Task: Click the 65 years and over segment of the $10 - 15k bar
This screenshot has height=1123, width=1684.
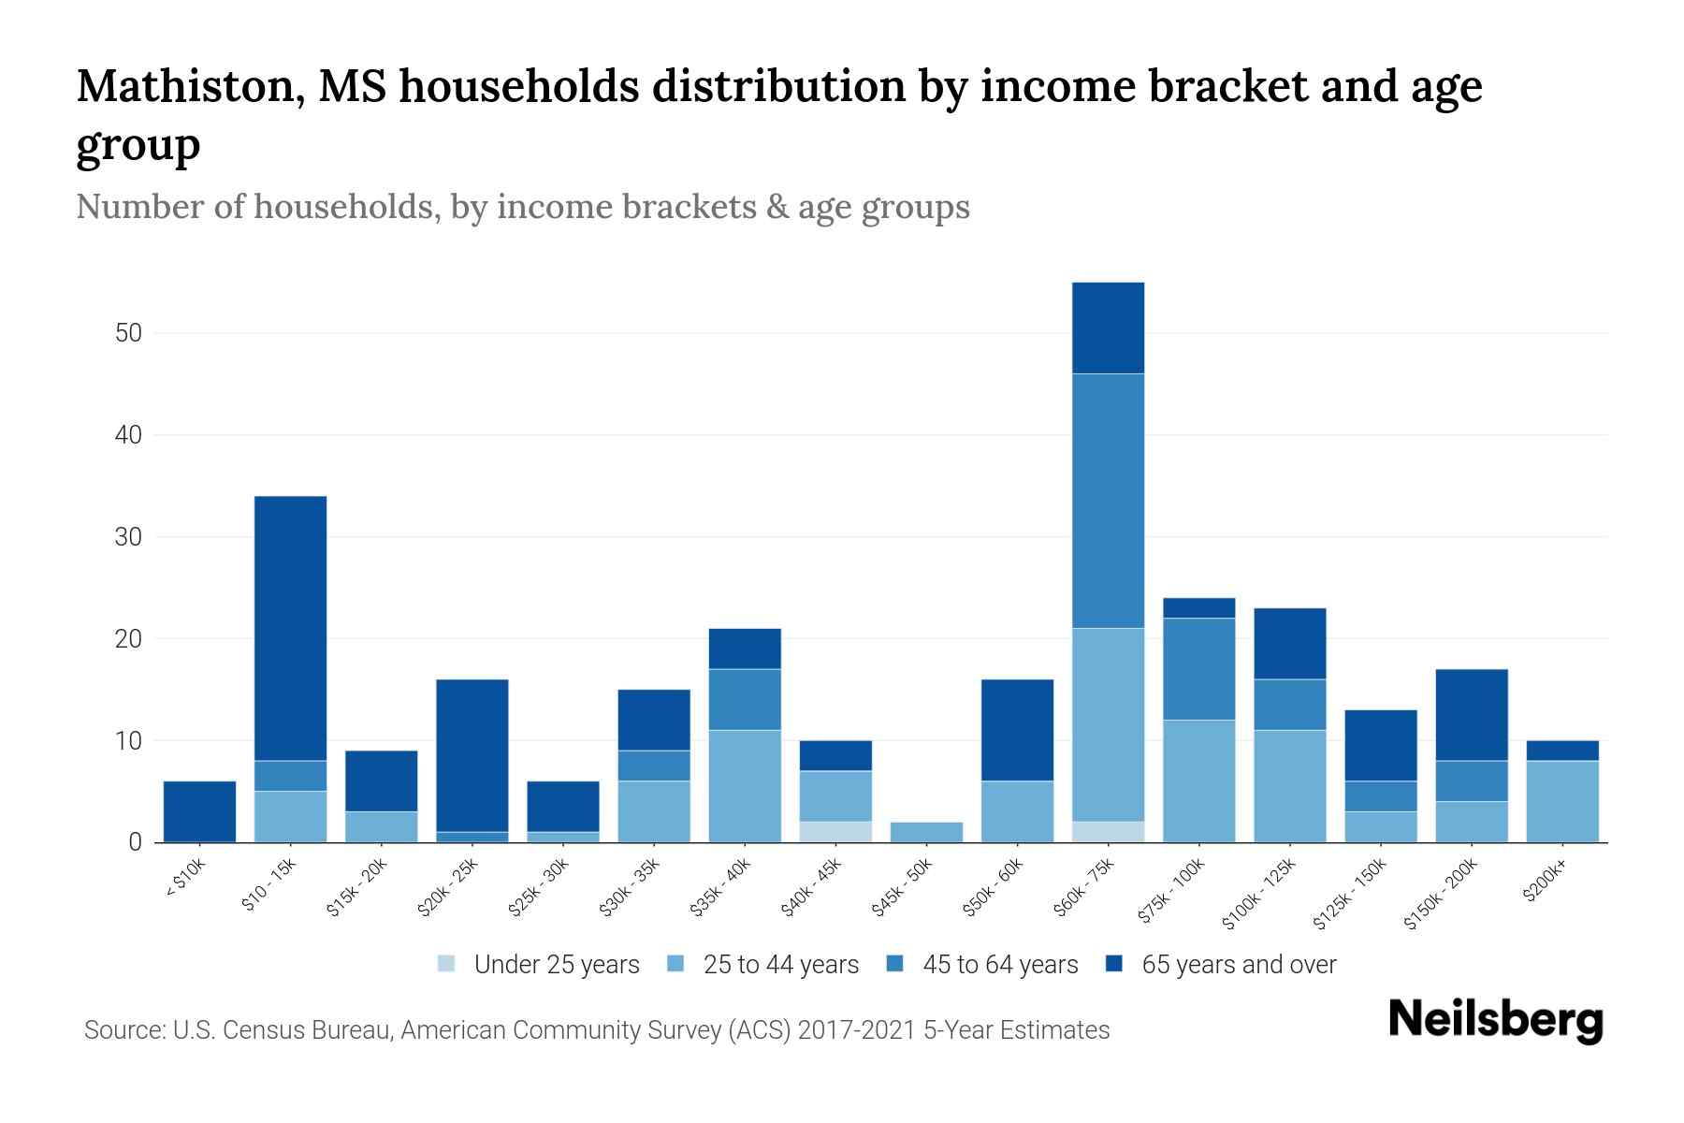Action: click(x=290, y=627)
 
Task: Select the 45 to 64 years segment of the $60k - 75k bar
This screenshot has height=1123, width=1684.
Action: click(x=1108, y=501)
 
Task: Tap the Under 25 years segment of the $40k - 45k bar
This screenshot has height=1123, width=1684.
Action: click(x=835, y=832)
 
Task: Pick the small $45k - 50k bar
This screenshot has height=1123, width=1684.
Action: click(x=926, y=832)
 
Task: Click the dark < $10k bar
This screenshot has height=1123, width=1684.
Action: click(x=199, y=811)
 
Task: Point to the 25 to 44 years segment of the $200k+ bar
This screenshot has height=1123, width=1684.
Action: click(x=1561, y=801)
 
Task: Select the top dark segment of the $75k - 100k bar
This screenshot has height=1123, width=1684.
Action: click(x=1198, y=608)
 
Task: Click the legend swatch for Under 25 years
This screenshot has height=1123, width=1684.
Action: click(x=447, y=964)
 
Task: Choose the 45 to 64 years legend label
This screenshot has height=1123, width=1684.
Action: click(x=1000, y=965)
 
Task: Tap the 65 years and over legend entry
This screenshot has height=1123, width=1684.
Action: click(x=1239, y=965)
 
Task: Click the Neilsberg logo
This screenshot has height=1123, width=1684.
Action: click(x=1495, y=1020)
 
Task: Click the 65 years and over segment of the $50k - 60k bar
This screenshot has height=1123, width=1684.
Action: click(x=1017, y=730)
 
